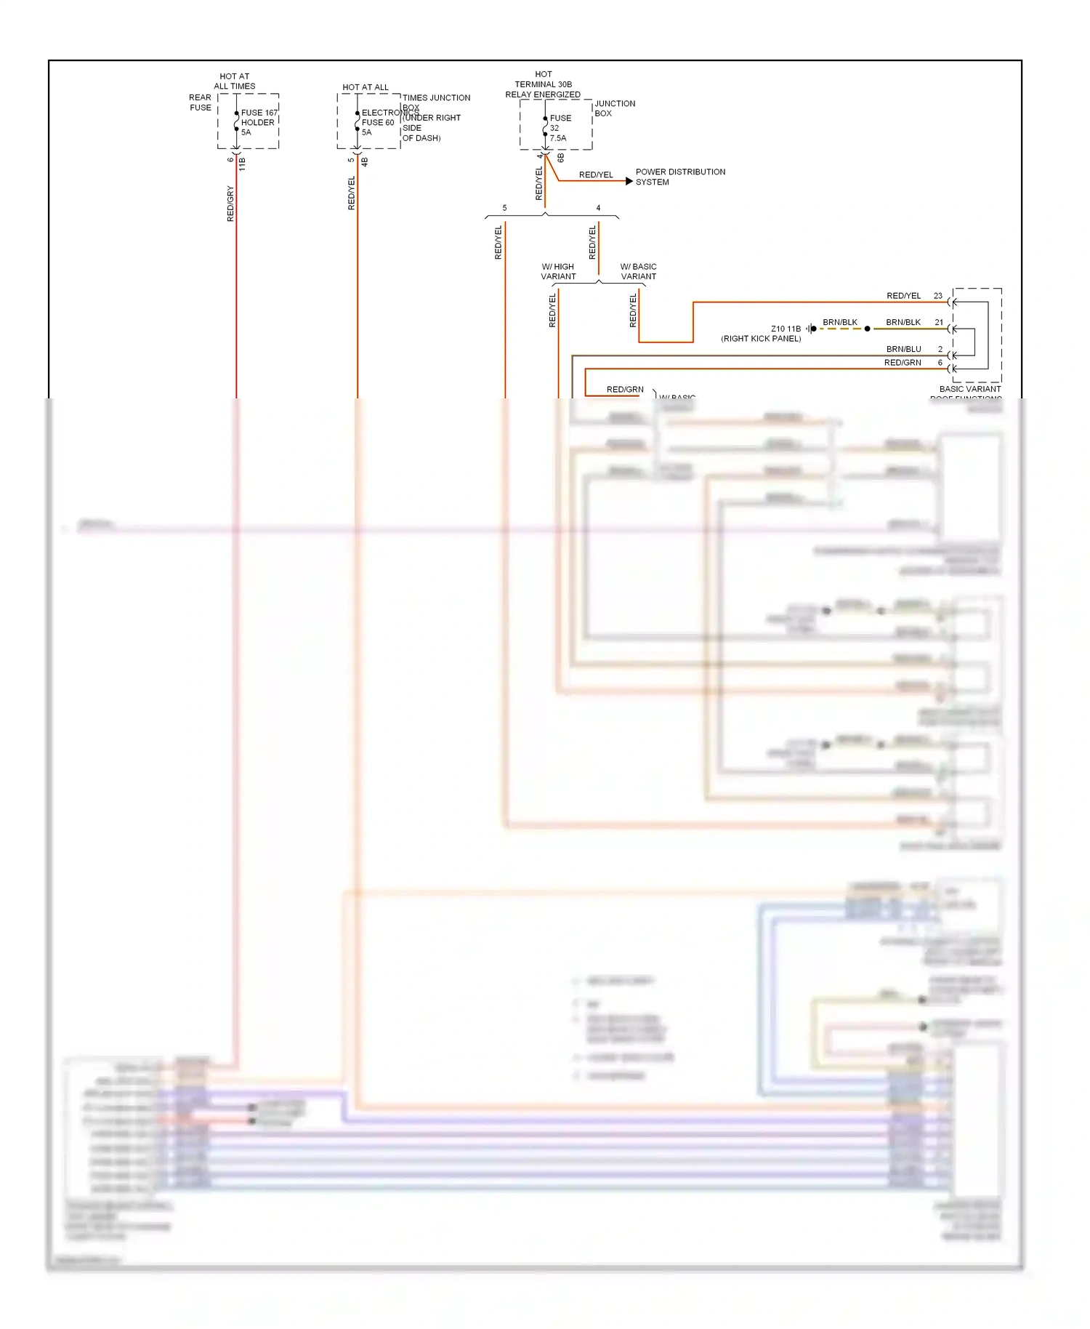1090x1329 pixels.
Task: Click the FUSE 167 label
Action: coord(259,113)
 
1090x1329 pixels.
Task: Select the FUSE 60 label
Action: coord(378,122)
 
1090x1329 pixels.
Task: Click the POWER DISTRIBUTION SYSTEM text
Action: coord(680,177)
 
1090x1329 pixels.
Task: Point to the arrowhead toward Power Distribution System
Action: coord(629,181)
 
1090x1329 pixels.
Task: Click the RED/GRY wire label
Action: coord(230,204)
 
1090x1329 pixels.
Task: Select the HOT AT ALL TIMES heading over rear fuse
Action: coord(234,81)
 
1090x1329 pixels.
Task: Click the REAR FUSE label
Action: coord(200,103)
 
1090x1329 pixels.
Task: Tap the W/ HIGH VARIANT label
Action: coord(558,271)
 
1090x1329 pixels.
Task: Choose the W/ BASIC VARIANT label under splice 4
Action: coord(638,271)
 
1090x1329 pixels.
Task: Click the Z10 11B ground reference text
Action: coord(786,329)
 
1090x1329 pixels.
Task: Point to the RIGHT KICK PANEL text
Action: coord(761,339)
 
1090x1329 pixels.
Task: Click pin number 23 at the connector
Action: coord(937,296)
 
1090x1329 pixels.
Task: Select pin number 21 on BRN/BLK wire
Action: coord(939,322)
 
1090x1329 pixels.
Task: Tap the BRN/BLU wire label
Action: coord(903,349)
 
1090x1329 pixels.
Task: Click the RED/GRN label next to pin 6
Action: coord(903,362)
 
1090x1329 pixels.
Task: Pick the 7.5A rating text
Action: coord(558,138)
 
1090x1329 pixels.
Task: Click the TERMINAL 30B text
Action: coord(543,84)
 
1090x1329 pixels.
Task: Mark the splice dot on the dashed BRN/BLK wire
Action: coord(867,329)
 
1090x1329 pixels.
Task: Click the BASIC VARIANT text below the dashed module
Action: coord(969,389)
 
